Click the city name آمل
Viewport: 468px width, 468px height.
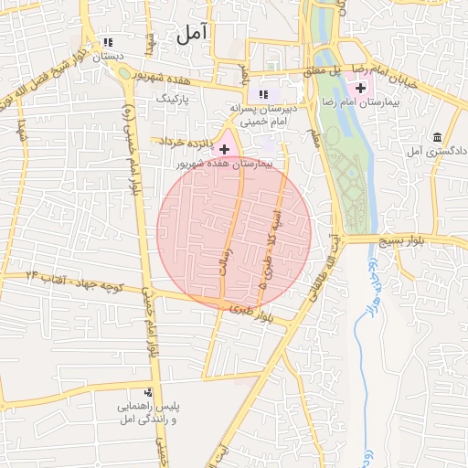tap(192, 34)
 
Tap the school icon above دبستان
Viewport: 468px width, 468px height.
tap(109, 42)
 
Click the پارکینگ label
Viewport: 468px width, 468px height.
tap(172, 96)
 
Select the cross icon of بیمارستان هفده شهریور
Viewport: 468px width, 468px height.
tap(224, 149)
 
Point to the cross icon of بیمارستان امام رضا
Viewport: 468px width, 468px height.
tap(361, 89)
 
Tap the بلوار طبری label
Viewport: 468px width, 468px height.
tap(252, 314)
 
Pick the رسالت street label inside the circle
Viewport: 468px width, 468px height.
tap(229, 266)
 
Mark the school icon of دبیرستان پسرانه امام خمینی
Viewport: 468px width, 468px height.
tap(264, 93)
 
